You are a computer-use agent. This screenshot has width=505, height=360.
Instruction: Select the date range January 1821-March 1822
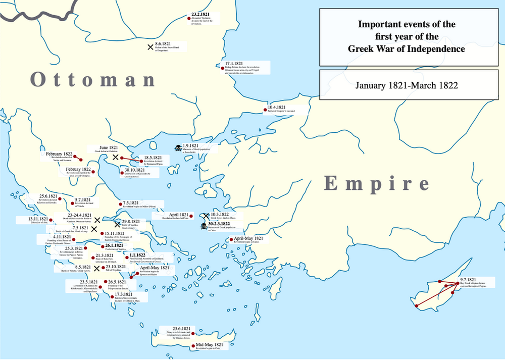pos(407,85)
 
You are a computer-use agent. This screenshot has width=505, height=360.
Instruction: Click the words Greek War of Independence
pos(407,49)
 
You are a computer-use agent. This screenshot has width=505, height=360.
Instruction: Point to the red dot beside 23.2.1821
pos(188,19)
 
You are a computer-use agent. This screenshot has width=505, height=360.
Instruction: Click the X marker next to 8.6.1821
pos(150,47)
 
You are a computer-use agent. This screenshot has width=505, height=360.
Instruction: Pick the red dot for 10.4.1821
pos(265,110)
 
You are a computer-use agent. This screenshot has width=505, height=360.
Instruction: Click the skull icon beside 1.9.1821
pos(177,148)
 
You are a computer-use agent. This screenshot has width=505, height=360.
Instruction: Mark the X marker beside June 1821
pos(115,158)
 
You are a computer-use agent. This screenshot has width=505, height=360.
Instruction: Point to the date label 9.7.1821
pos(468,280)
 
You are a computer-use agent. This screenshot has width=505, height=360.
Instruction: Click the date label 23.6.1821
pos(181,328)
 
